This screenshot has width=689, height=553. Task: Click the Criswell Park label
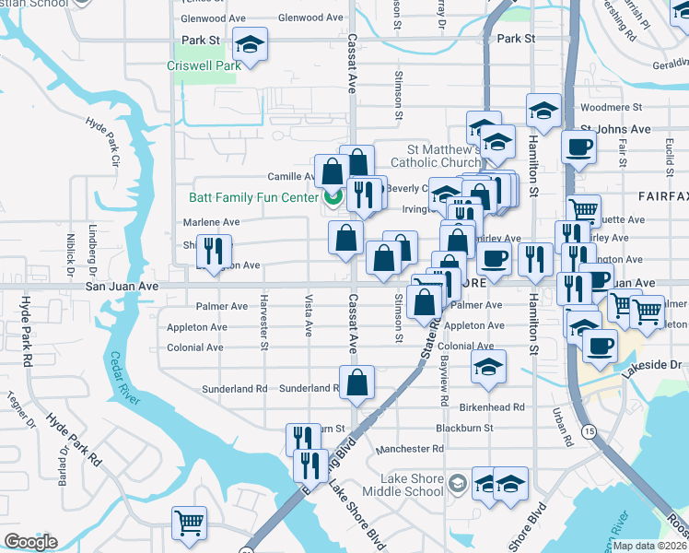coord(204,65)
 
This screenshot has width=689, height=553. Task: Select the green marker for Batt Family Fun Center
coord(333,197)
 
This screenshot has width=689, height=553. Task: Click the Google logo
coord(30,542)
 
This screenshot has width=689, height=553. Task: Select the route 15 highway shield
coord(588,430)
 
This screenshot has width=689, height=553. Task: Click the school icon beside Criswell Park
coord(249,42)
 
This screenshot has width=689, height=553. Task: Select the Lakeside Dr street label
coord(650,365)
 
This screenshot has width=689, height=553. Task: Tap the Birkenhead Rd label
coord(492,406)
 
